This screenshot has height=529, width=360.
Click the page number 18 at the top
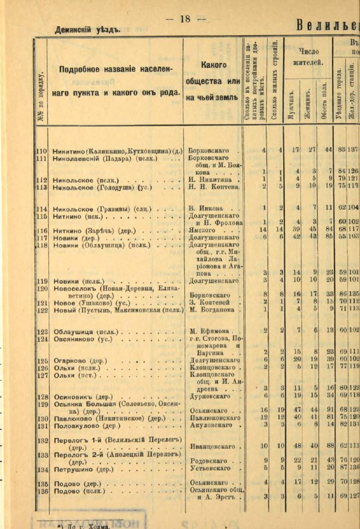coord(185,19)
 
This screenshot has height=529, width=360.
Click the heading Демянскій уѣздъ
coord(88,30)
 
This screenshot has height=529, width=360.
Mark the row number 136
coord(42,491)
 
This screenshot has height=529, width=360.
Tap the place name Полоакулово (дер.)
coord(85,426)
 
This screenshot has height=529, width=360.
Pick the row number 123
coord(42,331)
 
